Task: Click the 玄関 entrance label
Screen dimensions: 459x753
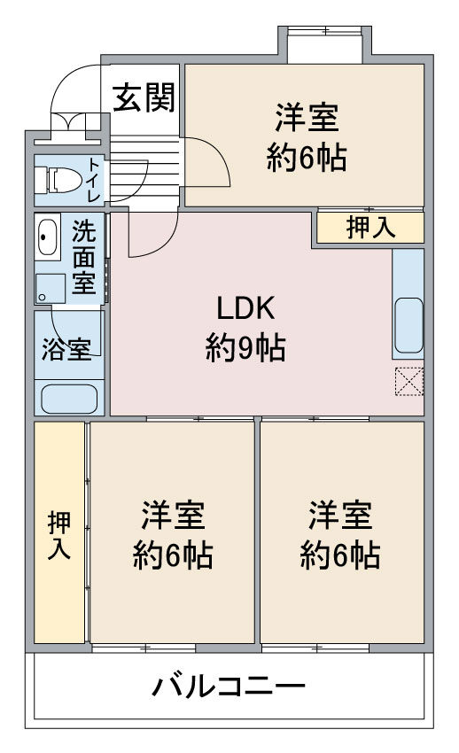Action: [144, 97]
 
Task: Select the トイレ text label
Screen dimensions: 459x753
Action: [94, 180]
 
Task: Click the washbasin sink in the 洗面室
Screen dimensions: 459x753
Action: [47, 237]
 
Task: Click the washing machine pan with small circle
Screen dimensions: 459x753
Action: [50, 289]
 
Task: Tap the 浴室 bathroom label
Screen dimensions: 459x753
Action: [66, 349]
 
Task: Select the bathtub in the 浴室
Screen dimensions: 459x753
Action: [69, 399]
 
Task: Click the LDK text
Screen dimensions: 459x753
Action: [245, 307]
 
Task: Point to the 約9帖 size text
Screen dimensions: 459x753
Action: [245, 348]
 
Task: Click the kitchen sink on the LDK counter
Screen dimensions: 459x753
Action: [408, 325]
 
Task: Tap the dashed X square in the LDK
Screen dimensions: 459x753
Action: [409, 381]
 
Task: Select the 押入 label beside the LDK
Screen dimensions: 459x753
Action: [370, 227]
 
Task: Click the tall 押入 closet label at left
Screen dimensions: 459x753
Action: [59, 535]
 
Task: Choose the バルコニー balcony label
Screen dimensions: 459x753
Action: [229, 686]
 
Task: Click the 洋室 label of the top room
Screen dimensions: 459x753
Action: [307, 117]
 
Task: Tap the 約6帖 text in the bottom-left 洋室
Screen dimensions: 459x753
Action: [173, 555]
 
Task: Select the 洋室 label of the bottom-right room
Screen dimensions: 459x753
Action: [340, 516]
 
